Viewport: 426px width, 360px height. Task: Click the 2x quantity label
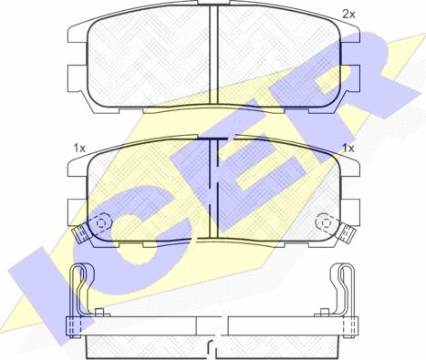348,14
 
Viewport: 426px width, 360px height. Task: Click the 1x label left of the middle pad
79,149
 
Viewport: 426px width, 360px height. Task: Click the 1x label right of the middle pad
348,149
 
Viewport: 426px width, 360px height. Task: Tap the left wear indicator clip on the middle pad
80,234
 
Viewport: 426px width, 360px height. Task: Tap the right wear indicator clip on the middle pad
347,233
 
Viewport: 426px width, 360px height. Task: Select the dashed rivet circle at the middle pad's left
100,223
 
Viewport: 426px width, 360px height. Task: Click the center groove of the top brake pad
213,55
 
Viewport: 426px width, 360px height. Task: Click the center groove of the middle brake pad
214,188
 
